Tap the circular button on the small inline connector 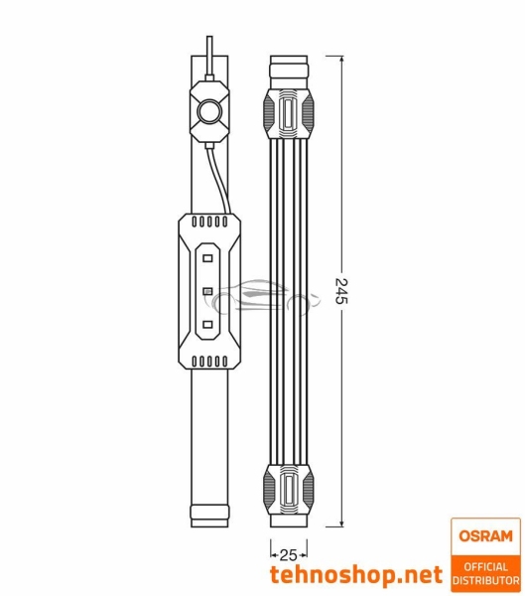[x=208, y=110]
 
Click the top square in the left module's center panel [x=209, y=255]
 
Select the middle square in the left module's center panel [x=209, y=290]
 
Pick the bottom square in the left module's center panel [x=209, y=325]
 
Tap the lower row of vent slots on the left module [x=209, y=360]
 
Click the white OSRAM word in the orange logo [x=485, y=536]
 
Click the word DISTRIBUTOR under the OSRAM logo [x=485, y=580]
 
